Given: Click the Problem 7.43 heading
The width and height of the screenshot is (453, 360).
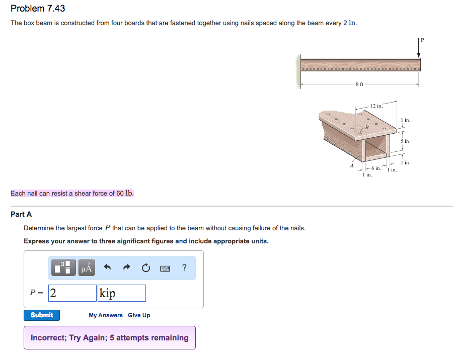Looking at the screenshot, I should click(38, 9).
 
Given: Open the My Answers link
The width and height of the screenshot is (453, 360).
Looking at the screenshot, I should click(105, 315).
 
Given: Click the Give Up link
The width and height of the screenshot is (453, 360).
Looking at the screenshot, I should click(139, 315).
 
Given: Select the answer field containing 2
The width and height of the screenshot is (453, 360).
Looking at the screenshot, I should click(72, 293).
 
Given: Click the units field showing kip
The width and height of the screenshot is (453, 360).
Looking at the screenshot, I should click(122, 293).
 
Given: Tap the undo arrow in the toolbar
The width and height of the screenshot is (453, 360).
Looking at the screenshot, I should click(107, 268).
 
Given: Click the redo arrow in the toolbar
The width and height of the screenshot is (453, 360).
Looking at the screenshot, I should click(126, 268).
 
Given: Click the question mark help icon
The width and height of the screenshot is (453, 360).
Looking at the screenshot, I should click(184, 268).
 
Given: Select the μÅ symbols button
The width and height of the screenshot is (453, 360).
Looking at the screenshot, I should click(87, 268).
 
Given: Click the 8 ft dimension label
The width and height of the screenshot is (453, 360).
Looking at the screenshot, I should click(359, 84).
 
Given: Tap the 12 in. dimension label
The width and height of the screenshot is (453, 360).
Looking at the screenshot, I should click(376, 106).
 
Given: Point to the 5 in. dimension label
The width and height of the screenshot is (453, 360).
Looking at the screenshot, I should click(406, 141).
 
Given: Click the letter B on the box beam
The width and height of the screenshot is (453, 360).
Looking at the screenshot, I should click(366, 127).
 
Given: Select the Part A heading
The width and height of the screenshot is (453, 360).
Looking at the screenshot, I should click(21, 214).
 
